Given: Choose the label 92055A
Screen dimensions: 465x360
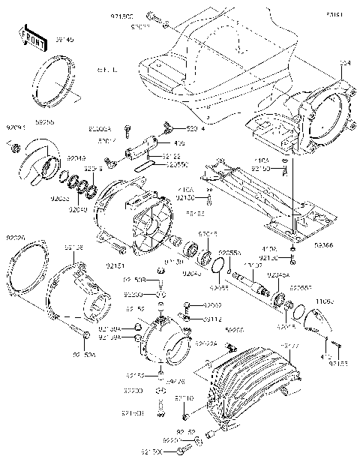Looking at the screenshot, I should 230,254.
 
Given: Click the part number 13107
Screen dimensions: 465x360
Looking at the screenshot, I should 253,266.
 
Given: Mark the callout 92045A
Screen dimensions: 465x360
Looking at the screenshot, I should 281,276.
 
